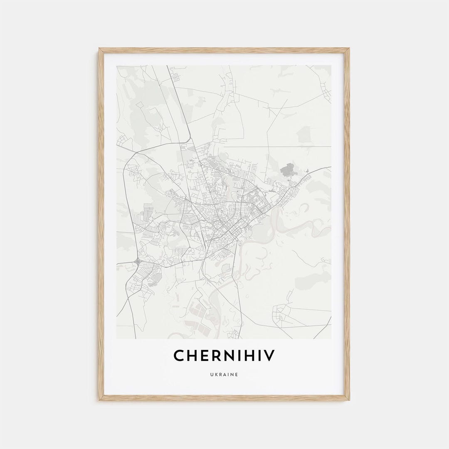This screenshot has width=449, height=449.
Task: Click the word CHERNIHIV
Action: click(x=224, y=356)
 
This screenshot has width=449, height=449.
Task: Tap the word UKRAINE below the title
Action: click(x=224, y=375)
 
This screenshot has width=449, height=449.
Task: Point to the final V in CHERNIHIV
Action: click(x=270, y=356)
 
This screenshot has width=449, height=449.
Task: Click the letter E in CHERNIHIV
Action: click(x=203, y=356)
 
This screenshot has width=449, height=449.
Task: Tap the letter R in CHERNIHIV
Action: click(x=214, y=356)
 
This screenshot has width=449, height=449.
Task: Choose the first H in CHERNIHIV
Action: click(x=190, y=356)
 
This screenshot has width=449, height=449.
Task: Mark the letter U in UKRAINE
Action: click(x=211, y=375)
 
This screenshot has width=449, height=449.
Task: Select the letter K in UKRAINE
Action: click(x=216, y=375)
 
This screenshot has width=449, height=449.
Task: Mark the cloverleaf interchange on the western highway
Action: click(x=138, y=262)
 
